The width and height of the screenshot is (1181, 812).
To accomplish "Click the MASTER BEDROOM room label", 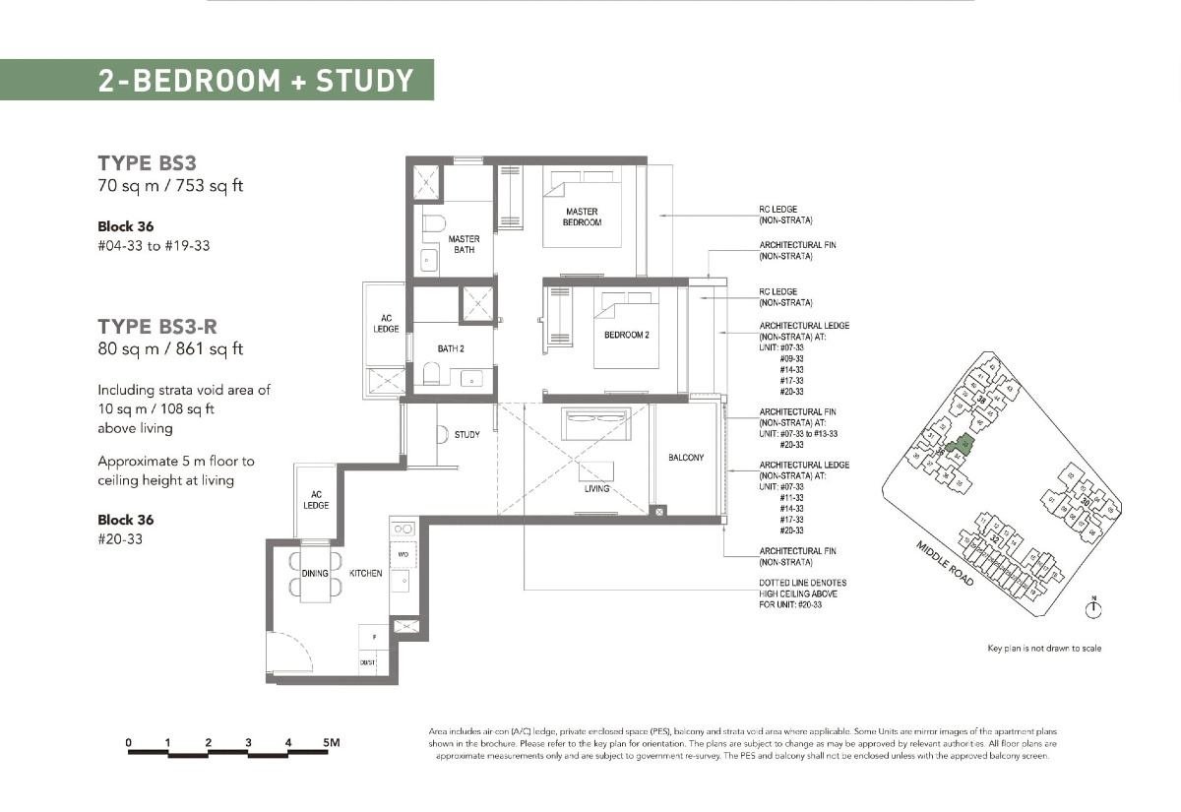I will click(582, 217).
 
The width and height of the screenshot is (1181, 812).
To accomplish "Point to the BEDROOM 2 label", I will click(626, 336).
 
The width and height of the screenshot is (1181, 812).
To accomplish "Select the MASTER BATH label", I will click(464, 244).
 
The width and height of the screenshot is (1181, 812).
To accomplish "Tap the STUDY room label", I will click(466, 435).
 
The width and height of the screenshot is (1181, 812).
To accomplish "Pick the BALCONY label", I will click(685, 458).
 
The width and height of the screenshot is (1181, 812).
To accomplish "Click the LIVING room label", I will click(596, 489).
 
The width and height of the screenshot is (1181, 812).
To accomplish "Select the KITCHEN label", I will click(365, 573).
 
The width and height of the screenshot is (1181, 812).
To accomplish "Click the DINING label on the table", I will click(315, 573).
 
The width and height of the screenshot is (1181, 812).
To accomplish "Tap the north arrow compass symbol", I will click(1092, 608).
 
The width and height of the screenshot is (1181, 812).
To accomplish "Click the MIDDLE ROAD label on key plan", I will click(946, 564).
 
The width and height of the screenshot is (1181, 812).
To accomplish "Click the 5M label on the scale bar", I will click(329, 742).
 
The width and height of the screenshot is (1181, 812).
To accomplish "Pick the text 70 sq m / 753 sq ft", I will click(169, 187).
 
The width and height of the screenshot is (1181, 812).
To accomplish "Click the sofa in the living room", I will click(589, 424).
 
